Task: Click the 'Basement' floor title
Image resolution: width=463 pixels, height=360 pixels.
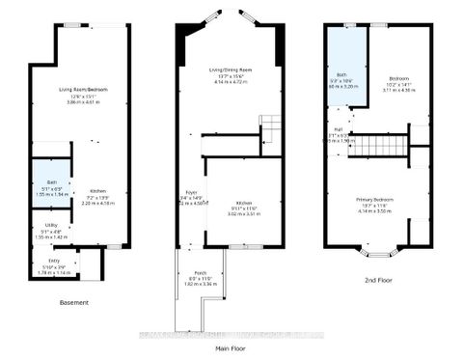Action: point(73,303)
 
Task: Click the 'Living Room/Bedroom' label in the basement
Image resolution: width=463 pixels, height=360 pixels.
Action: point(82,90)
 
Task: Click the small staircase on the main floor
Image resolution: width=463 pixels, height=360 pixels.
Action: point(270,126)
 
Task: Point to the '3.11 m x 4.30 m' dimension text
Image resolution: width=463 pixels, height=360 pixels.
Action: point(400,90)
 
